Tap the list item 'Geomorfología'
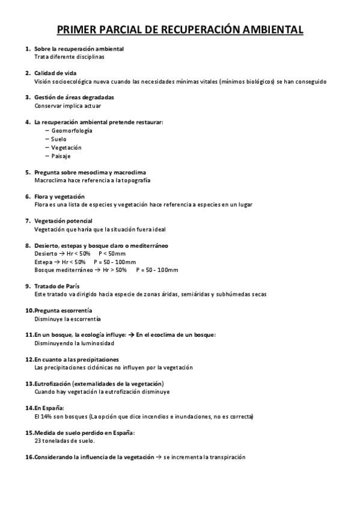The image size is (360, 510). coord(72,131)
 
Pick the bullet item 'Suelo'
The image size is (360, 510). coord(59,139)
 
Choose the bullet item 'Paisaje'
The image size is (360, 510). coord(61,156)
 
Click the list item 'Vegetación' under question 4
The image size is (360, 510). coord(66,147)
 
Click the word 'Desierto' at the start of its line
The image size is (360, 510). coord(46,254)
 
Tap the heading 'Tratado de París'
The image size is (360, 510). coord(57,286)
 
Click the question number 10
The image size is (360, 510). coord(29,310)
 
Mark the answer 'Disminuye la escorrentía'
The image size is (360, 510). coord(68,319)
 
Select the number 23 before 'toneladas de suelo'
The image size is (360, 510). coord(38,441)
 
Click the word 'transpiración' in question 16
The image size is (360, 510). coord(228,457)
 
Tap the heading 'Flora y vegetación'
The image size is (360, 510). coord(59,196)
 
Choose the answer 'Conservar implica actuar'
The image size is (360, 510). coord(67,106)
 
